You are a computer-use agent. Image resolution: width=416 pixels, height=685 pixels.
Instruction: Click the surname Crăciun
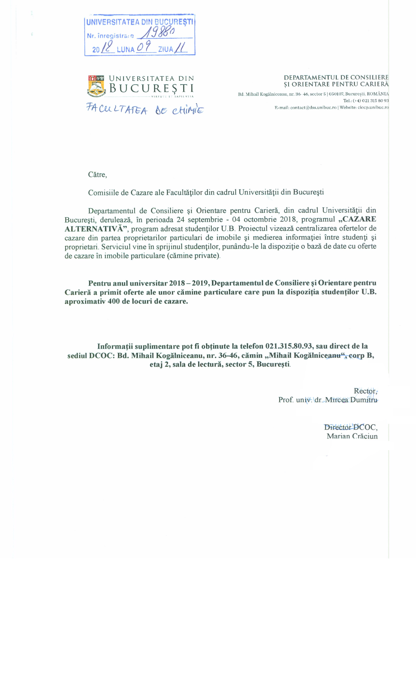click(365, 436)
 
